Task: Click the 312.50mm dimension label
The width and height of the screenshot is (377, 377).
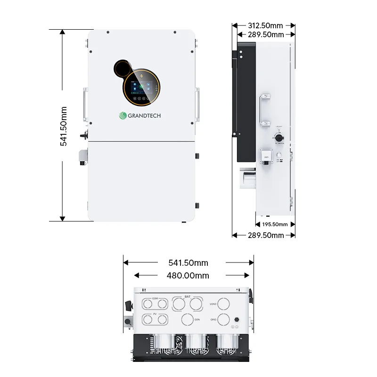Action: pyautogui.click(x=266, y=25)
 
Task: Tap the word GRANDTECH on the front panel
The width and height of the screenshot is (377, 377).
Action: pyautogui.click(x=147, y=115)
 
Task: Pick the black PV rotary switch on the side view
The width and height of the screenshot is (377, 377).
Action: pyautogui.click(x=279, y=138)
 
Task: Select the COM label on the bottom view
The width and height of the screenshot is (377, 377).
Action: pyautogui.click(x=155, y=298)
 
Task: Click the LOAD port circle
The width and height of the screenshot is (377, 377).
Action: pyautogui.click(x=226, y=304)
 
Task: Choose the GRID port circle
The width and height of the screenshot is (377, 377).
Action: pyautogui.click(x=226, y=319)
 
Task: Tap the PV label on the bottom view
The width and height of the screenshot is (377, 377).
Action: pyautogui.click(x=155, y=313)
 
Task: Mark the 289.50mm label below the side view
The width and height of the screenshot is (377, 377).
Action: pyautogui.click(x=266, y=235)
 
